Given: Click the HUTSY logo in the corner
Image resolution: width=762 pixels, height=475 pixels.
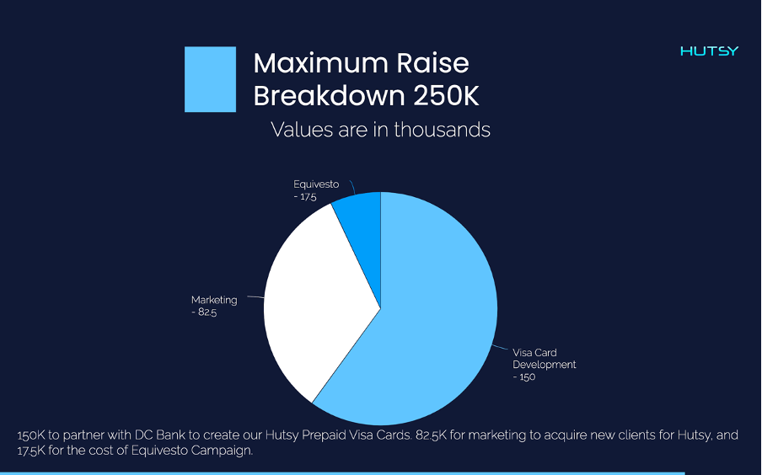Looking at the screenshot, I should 709,51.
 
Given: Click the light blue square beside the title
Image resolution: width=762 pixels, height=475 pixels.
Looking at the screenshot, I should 210,79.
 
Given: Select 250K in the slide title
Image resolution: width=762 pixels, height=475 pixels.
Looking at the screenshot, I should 446,96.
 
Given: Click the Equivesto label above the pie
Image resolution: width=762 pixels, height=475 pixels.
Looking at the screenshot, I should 316,184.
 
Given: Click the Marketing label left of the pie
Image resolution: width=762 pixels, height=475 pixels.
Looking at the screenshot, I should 214,300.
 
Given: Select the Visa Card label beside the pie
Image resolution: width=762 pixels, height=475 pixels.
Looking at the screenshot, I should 534,353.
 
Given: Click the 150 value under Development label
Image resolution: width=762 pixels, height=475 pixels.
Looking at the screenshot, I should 527,376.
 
